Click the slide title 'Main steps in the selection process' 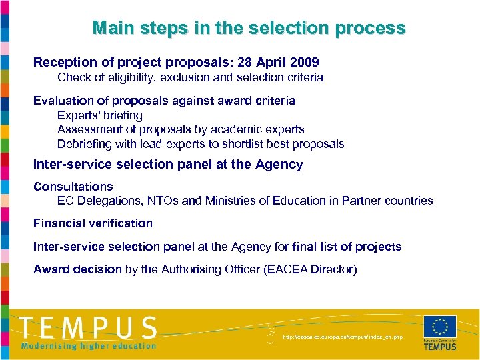[x=249, y=28]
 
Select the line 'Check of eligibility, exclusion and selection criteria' [x=190, y=77]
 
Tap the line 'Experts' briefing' [x=100, y=115]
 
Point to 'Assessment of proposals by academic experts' [x=181, y=129]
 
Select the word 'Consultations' [x=73, y=187]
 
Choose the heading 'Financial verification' [x=93, y=223]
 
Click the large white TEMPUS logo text [x=88, y=327]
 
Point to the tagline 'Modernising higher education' [x=88, y=345]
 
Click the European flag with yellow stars [x=439, y=327]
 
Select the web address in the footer [x=343, y=337]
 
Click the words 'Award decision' [x=77, y=269]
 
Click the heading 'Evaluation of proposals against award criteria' [x=164, y=101]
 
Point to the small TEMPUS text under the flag [x=440, y=347]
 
